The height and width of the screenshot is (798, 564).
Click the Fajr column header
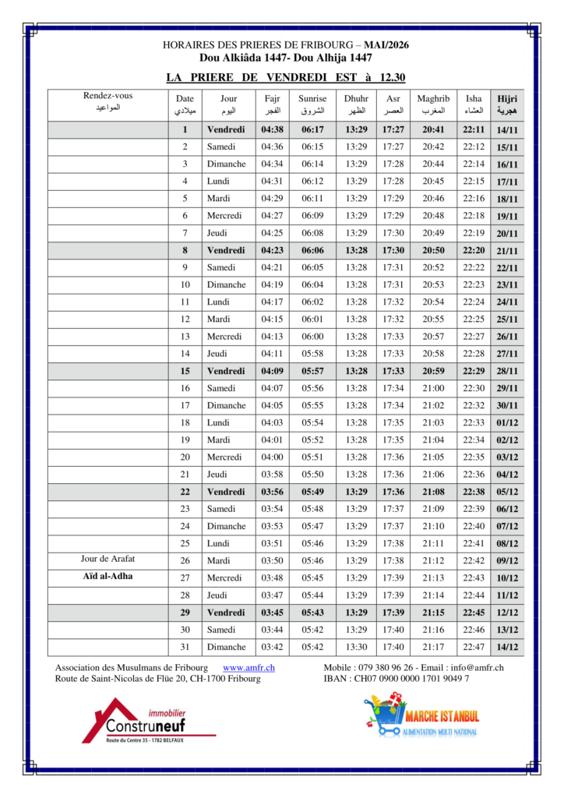pyautogui.click(x=272, y=104)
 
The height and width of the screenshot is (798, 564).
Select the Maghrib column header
pyautogui.click(x=433, y=104)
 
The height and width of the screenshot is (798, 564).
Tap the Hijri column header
pyautogui.click(x=507, y=104)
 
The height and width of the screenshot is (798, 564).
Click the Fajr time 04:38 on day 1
pyautogui.click(x=272, y=129)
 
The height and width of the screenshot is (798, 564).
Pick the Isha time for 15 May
pyautogui.click(x=473, y=371)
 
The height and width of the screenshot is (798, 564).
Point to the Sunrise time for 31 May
pyautogui.click(x=312, y=647)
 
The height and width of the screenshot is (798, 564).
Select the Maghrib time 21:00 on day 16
pyautogui.click(x=433, y=388)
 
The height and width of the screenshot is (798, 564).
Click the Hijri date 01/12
pyautogui.click(x=507, y=422)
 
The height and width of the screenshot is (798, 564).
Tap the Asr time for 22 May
pyautogui.click(x=393, y=492)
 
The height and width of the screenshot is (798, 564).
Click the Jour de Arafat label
pyautogui.click(x=108, y=560)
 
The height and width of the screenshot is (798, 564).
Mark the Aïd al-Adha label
pyautogui.click(x=108, y=577)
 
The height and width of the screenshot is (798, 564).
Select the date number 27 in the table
pyautogui.click(x=185, y=577)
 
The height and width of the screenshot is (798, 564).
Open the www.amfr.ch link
pyautogui.click(x=249, y=668)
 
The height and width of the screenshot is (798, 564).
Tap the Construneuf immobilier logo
pyautogui.click(x=148, y=722)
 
